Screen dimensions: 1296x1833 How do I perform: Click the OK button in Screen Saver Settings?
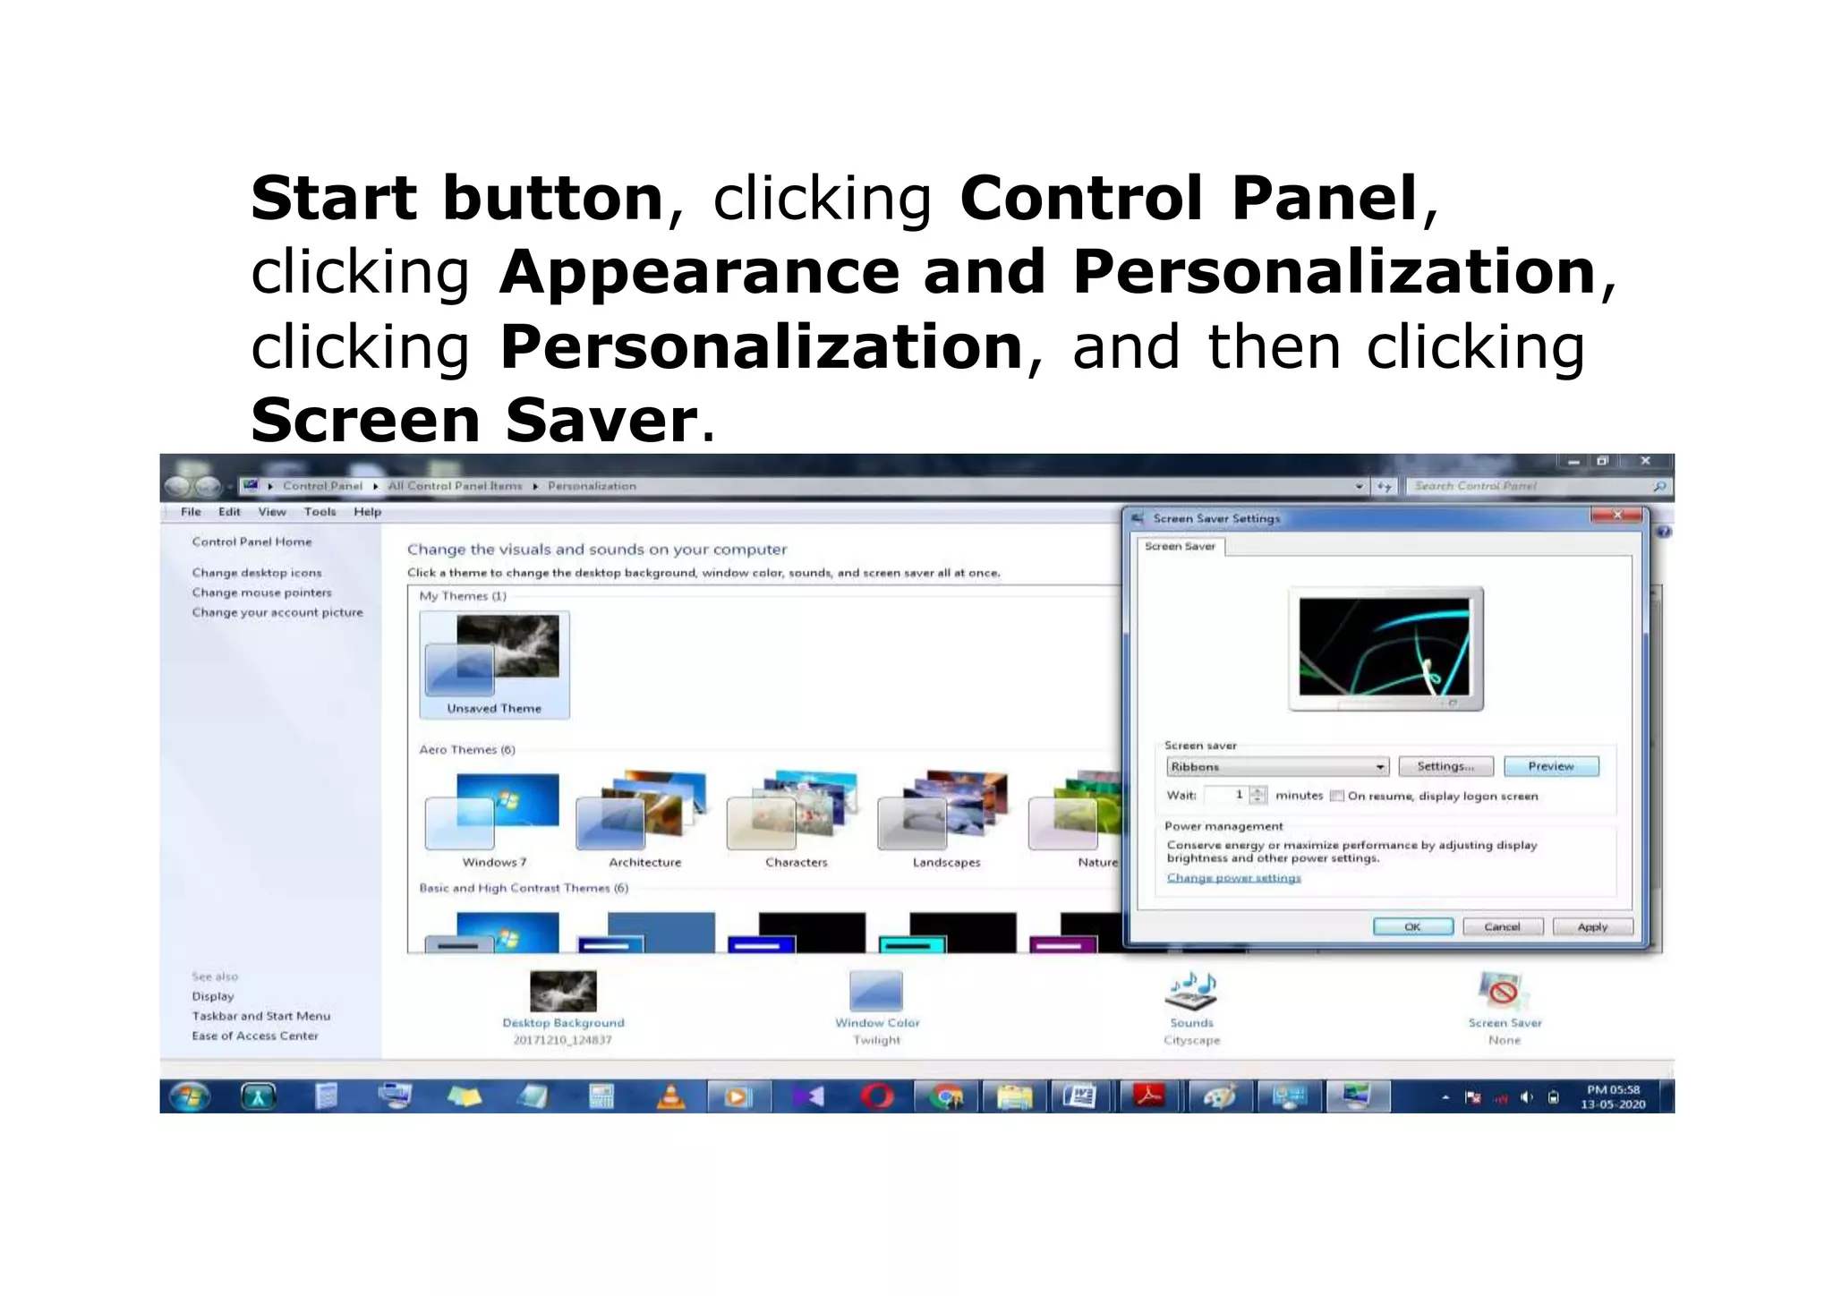click(x=1412, y=926)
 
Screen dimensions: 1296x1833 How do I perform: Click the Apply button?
click(x=1592, y=926)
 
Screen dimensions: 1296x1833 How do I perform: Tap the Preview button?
click(x=1550, y=766)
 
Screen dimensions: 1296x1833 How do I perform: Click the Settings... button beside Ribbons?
click(x=1445, y=766)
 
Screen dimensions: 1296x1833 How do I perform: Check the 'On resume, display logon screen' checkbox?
click(x=1337, y=796)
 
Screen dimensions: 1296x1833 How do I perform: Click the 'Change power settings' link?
click(x=1233, y=878)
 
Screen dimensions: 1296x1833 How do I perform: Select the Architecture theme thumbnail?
click(x=644, y=810)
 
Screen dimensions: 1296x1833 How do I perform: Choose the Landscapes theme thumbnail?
click(x=945, y=810)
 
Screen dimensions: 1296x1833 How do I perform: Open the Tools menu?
click(x=320, y=512)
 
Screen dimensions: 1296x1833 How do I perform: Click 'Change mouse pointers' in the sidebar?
click(x=261, y=593)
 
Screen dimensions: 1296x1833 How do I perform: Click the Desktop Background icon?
click(x=563, y=992)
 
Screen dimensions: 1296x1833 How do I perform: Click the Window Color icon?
click(x=876, y=992)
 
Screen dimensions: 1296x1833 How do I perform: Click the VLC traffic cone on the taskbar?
click(x=670, y=1096)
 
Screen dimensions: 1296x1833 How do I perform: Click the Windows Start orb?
click(x=189, y=1096)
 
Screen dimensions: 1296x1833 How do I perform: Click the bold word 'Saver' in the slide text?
click(x=601, y=420)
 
